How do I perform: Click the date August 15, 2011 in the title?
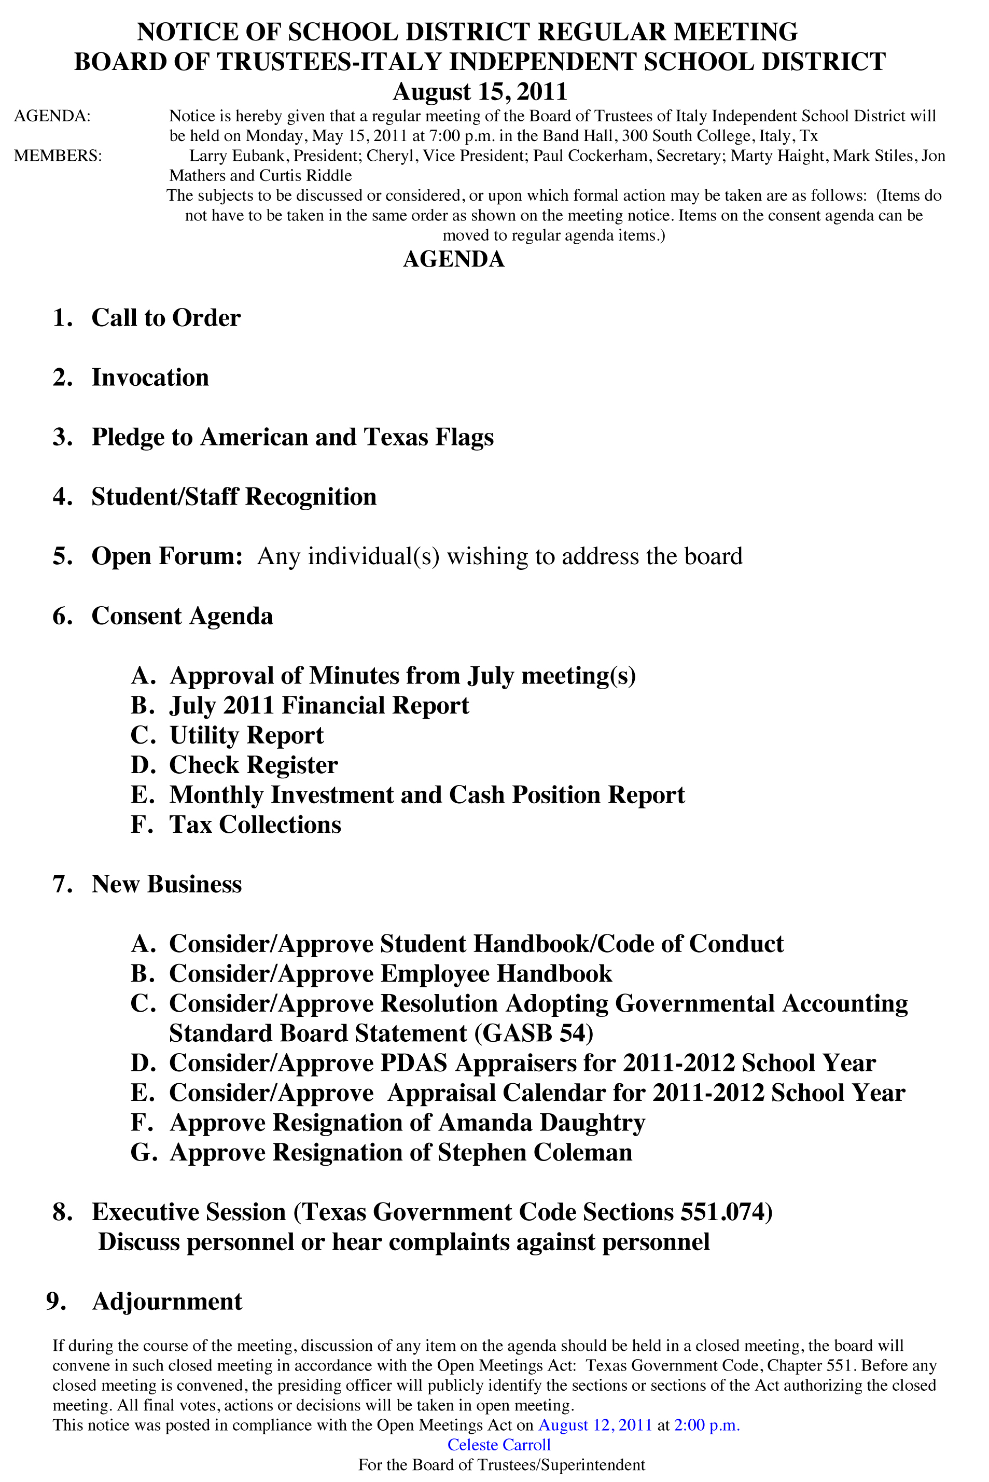pos(480,92)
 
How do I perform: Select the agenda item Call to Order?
pos(166,318)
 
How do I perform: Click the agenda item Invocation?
pos(150,378)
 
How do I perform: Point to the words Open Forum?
pos(167,556)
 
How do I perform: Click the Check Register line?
pos(254,765)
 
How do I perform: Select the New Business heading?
pos(166,884)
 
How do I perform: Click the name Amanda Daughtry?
pos(541,1123)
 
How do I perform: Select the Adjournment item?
pos(167,1302)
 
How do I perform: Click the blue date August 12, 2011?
pos(595,1425)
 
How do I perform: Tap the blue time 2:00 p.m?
pos(707,1425)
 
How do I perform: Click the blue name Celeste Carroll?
pos(499,1445)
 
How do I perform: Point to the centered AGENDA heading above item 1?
pos(453,259)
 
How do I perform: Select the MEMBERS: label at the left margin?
pos(58,156)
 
